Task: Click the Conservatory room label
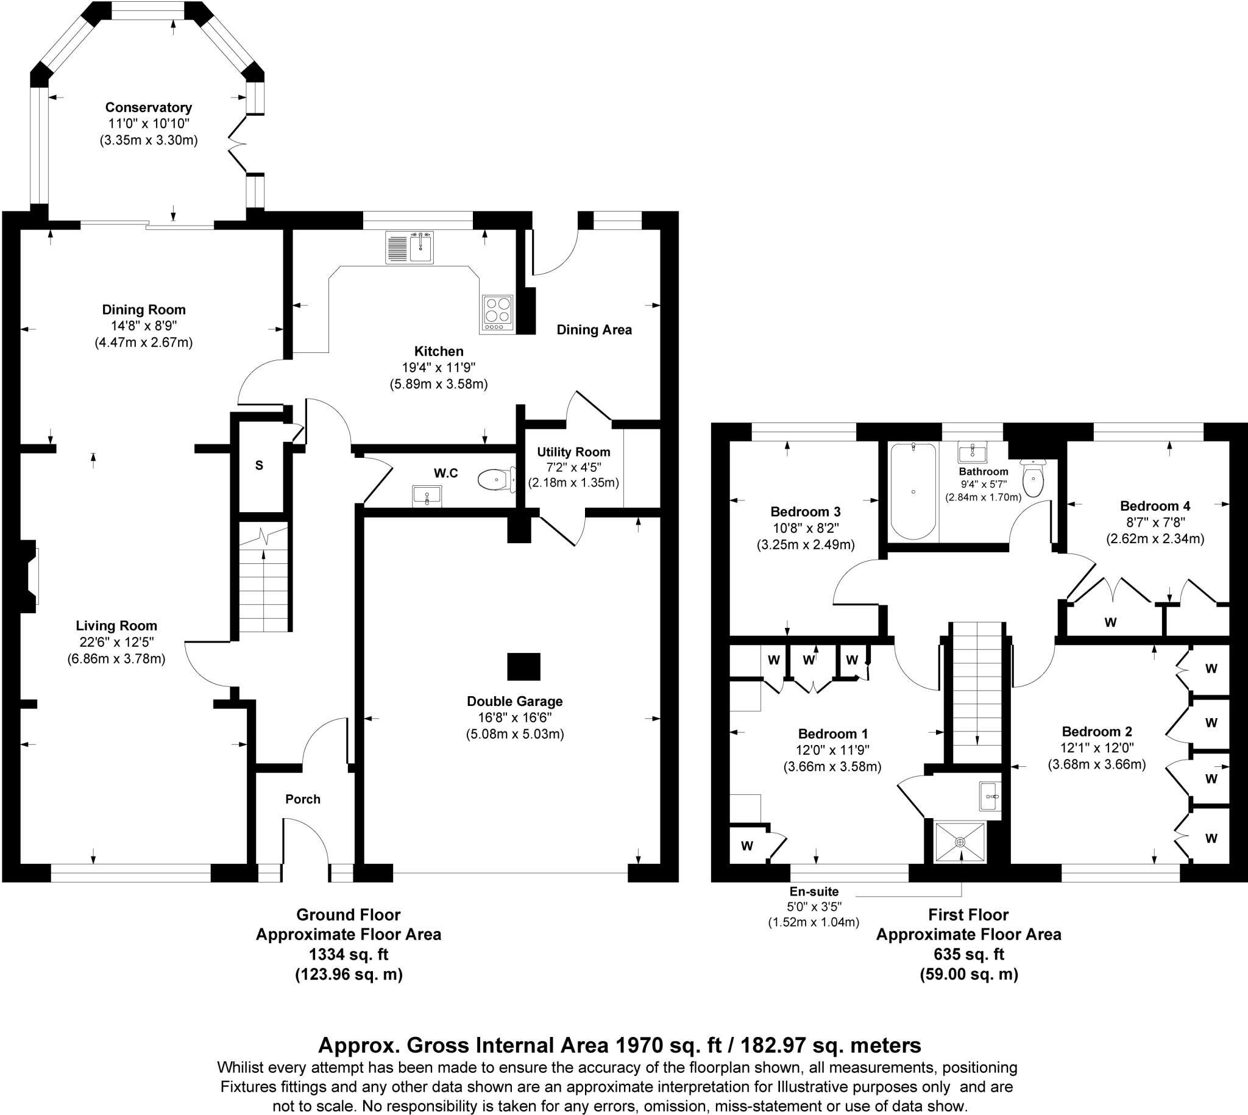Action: [x=148, y=108]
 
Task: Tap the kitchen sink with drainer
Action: [x=409, y=247]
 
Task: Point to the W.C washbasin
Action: [x=427, y=495]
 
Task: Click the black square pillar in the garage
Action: [x=523, y=666]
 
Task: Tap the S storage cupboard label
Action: [x=259, y=466]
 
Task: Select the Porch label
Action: [x=302, y=799]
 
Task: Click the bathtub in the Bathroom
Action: [x=912, y=491]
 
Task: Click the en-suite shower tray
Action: [x=960, y=844]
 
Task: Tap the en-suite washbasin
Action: [x=989, y=796]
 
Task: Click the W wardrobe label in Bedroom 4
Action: [x=1110, y=622]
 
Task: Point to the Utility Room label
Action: [x=573, y=452]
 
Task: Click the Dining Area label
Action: [x=594, y=330]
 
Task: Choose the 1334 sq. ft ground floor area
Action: [x=349, y=954]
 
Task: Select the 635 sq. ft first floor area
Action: [x=968, y=954]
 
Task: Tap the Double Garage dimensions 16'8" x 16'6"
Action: [x=514, y=718]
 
